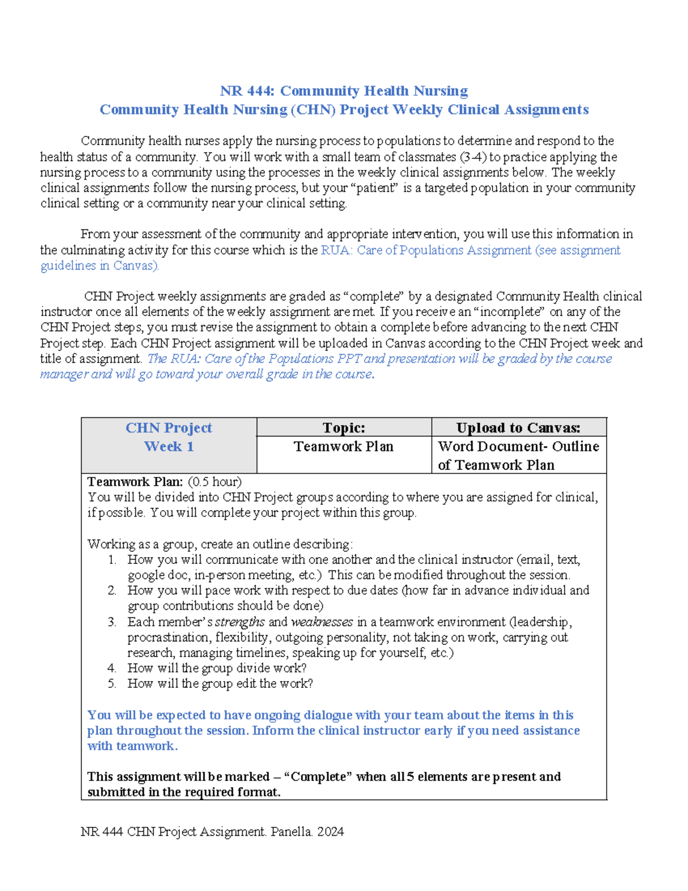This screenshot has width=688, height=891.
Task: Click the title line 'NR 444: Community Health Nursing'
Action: (x=344, y=91)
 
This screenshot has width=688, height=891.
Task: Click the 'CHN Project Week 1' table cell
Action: (x=169, y=437)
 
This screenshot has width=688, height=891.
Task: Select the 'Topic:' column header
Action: (x=343, y=428)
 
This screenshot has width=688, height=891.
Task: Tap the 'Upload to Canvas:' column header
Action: (x=518, y=428)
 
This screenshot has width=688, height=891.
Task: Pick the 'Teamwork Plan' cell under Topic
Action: (x=343, y=447)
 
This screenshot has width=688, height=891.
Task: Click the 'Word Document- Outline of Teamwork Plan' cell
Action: (x=518, y=456)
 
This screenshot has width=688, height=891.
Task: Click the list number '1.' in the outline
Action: (x=112, y=560)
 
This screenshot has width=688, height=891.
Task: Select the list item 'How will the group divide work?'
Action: (x=217, y=668)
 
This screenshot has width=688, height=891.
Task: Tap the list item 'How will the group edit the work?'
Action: (x=220, y=684)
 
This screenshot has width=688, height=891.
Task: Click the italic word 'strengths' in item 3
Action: (x=240, y=622)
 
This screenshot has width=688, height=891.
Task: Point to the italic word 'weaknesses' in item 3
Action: (x=322, y=622)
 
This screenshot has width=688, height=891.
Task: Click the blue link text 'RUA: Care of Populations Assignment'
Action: (x=426, y=250)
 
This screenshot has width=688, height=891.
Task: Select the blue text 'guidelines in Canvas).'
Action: (x=100, y=266)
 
